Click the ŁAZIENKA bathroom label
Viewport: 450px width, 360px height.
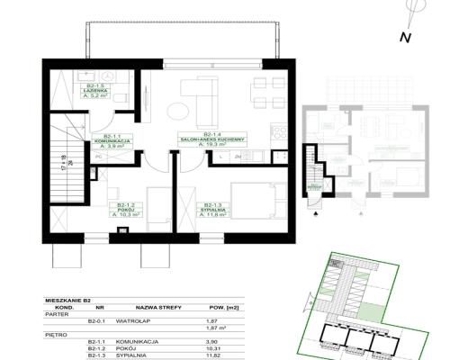click(x=93, y=92)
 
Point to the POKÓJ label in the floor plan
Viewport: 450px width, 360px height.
click(x=123, y=210)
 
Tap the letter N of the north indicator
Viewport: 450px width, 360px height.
click(x=405, y=37)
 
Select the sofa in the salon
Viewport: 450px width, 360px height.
click(x=200, y=90)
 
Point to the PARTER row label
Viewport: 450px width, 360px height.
click(x=57, y=313)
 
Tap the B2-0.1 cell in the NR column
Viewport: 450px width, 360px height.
click(x=96, y=320)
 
